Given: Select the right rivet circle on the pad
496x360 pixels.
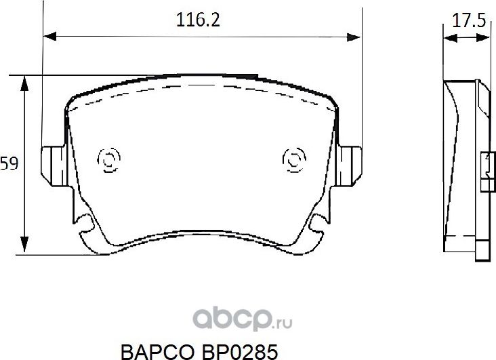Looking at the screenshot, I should click(293, 161).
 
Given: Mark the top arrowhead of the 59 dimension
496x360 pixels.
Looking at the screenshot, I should click(25, 80).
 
